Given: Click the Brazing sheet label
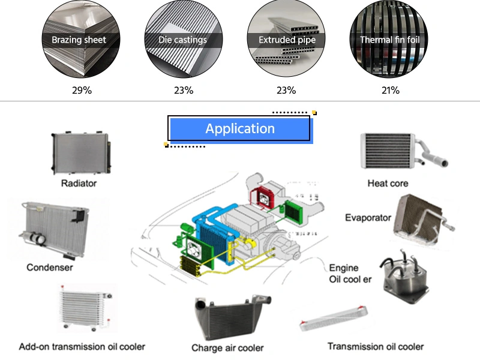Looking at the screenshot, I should [79, 40].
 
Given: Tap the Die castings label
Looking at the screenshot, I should [182, 40].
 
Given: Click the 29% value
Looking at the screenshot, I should [82, 91].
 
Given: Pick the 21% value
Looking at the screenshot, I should [390, 91].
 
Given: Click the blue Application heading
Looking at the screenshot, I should [239, 128].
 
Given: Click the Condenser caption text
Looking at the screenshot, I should [50, 267].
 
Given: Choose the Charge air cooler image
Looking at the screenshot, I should [229, 319].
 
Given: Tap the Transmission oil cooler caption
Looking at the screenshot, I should [376, 346].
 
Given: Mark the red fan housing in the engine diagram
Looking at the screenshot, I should [262, 196].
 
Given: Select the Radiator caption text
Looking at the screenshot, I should [79, 183].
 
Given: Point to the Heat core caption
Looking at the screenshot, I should [388, 183].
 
